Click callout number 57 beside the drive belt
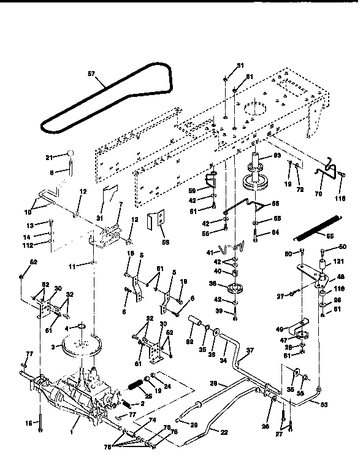tap(92, 74)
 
